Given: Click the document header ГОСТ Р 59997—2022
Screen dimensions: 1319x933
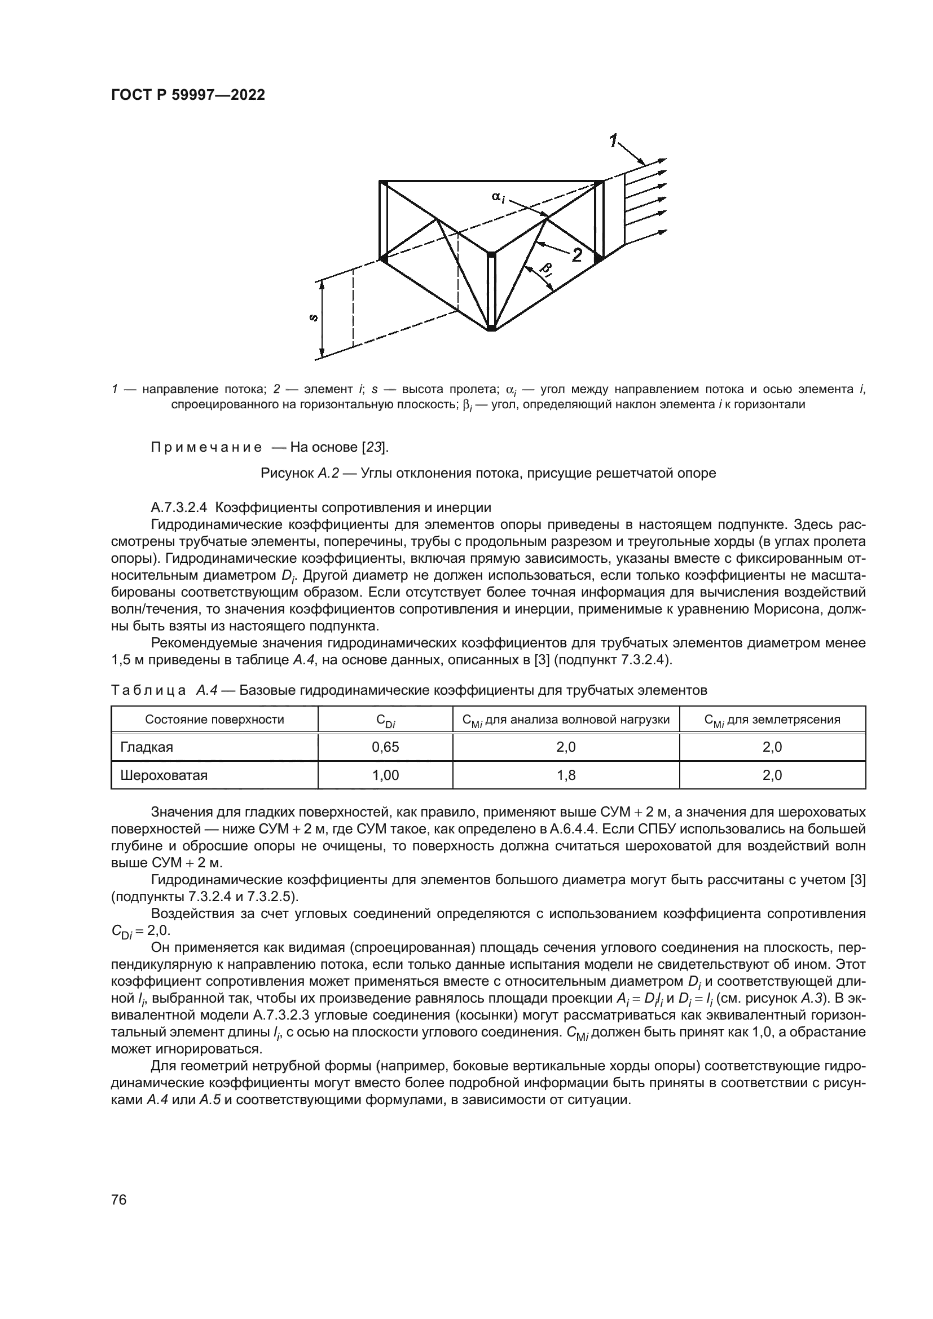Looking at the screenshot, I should click(x=188, y=95).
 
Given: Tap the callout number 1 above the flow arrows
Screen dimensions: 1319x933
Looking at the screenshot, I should click(x=614, y=140).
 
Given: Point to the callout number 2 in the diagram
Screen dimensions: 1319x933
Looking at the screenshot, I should click(x=576, y=255).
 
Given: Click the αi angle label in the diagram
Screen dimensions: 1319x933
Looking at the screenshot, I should click(x=498, y=197).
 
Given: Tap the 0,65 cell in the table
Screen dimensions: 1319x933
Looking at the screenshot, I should click(x=385, y=747).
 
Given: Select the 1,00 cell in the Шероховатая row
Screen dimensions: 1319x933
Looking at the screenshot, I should click(x=385, y=775).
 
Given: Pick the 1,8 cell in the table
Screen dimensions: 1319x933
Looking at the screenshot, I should click(x=566, y=775).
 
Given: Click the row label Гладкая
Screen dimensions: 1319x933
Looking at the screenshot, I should click(x=147, y=747).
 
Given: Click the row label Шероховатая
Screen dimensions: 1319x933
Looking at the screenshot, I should click(x=164, y=775).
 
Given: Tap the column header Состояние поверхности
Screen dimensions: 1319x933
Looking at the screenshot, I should click(x=214, y=719).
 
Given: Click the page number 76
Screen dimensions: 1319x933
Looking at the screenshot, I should click(x=119, y=1184).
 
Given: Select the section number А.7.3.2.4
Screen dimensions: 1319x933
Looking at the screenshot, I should click(x=179, y=508).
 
